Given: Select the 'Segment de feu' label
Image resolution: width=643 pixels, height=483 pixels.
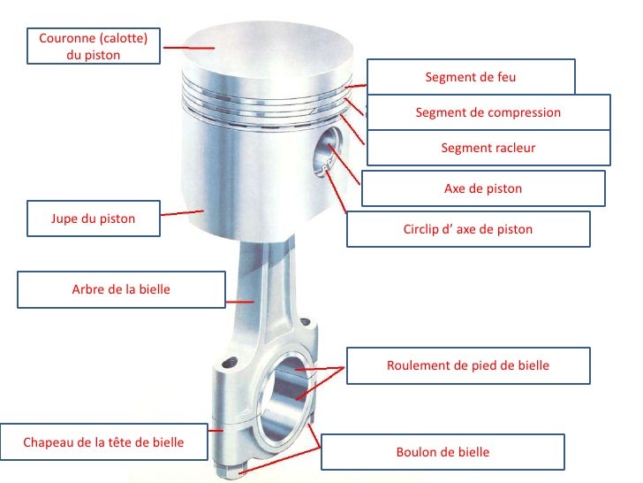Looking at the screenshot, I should point(470,77).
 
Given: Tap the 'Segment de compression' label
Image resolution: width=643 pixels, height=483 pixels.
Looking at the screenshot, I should point(488,112).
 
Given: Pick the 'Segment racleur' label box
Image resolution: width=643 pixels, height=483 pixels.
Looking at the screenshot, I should point(488,148).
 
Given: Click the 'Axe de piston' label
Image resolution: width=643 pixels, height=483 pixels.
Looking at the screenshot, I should point(482,188).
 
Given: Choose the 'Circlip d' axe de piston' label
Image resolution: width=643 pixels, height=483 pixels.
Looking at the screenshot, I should point(468,229).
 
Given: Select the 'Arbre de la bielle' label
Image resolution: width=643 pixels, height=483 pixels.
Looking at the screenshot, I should point(121,289).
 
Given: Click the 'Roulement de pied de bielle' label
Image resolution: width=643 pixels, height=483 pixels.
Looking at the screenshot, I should point(468,365).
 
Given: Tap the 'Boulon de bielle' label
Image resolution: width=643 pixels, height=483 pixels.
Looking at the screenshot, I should point(442,452).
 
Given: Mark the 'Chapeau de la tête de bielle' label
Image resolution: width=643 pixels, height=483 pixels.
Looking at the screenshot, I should point(103,442).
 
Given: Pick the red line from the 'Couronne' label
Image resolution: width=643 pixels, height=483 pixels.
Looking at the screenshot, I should point(188,48).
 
